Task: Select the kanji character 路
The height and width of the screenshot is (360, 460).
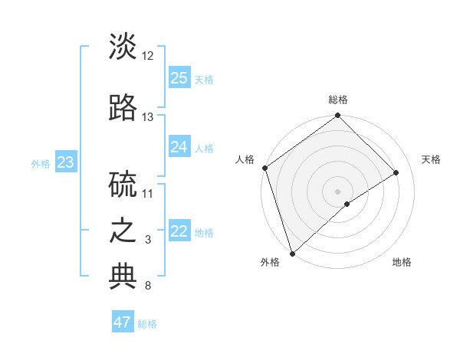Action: [123, 107]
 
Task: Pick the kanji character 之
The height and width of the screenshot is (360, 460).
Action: [123, 231]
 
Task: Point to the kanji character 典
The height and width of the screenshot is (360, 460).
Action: [123, 277]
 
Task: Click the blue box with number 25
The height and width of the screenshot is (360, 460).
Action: [179, 78]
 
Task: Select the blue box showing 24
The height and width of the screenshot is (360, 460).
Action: [179, 147]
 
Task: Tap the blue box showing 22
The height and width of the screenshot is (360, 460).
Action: [179, 232]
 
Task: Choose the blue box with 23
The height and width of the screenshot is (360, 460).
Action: [65, 162]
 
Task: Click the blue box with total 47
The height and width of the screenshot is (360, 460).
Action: [123, 322]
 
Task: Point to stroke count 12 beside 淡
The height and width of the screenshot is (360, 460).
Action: [148, 56]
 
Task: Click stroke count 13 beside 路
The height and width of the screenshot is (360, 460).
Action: [148, 117]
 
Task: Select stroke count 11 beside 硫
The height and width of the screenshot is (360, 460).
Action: [148, 193]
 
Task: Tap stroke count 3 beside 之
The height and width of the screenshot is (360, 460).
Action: [148, 240]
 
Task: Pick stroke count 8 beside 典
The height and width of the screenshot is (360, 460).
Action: [148, 286]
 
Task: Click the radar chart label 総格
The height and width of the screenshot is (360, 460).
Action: [337, 100]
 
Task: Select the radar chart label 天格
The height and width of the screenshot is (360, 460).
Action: [432, 159]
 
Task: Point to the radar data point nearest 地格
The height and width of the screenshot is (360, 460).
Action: [347, 204]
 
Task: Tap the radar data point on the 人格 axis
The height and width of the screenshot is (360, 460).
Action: [264, 168]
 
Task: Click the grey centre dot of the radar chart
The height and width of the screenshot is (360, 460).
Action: [337, 191]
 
